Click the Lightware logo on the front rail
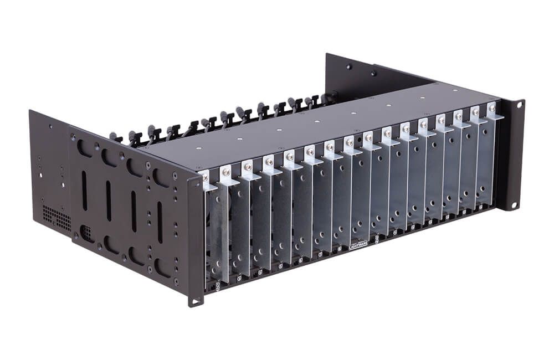(x=363, y=245)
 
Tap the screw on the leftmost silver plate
(x=205, y=176)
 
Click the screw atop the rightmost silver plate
(x=491, y=107)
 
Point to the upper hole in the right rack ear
(x=519, y=104)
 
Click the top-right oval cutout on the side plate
(x=161, y=177)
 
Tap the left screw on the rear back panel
(x=349, y=67)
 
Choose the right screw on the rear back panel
(x=374, y=73)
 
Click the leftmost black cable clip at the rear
(x=115, y=136)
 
